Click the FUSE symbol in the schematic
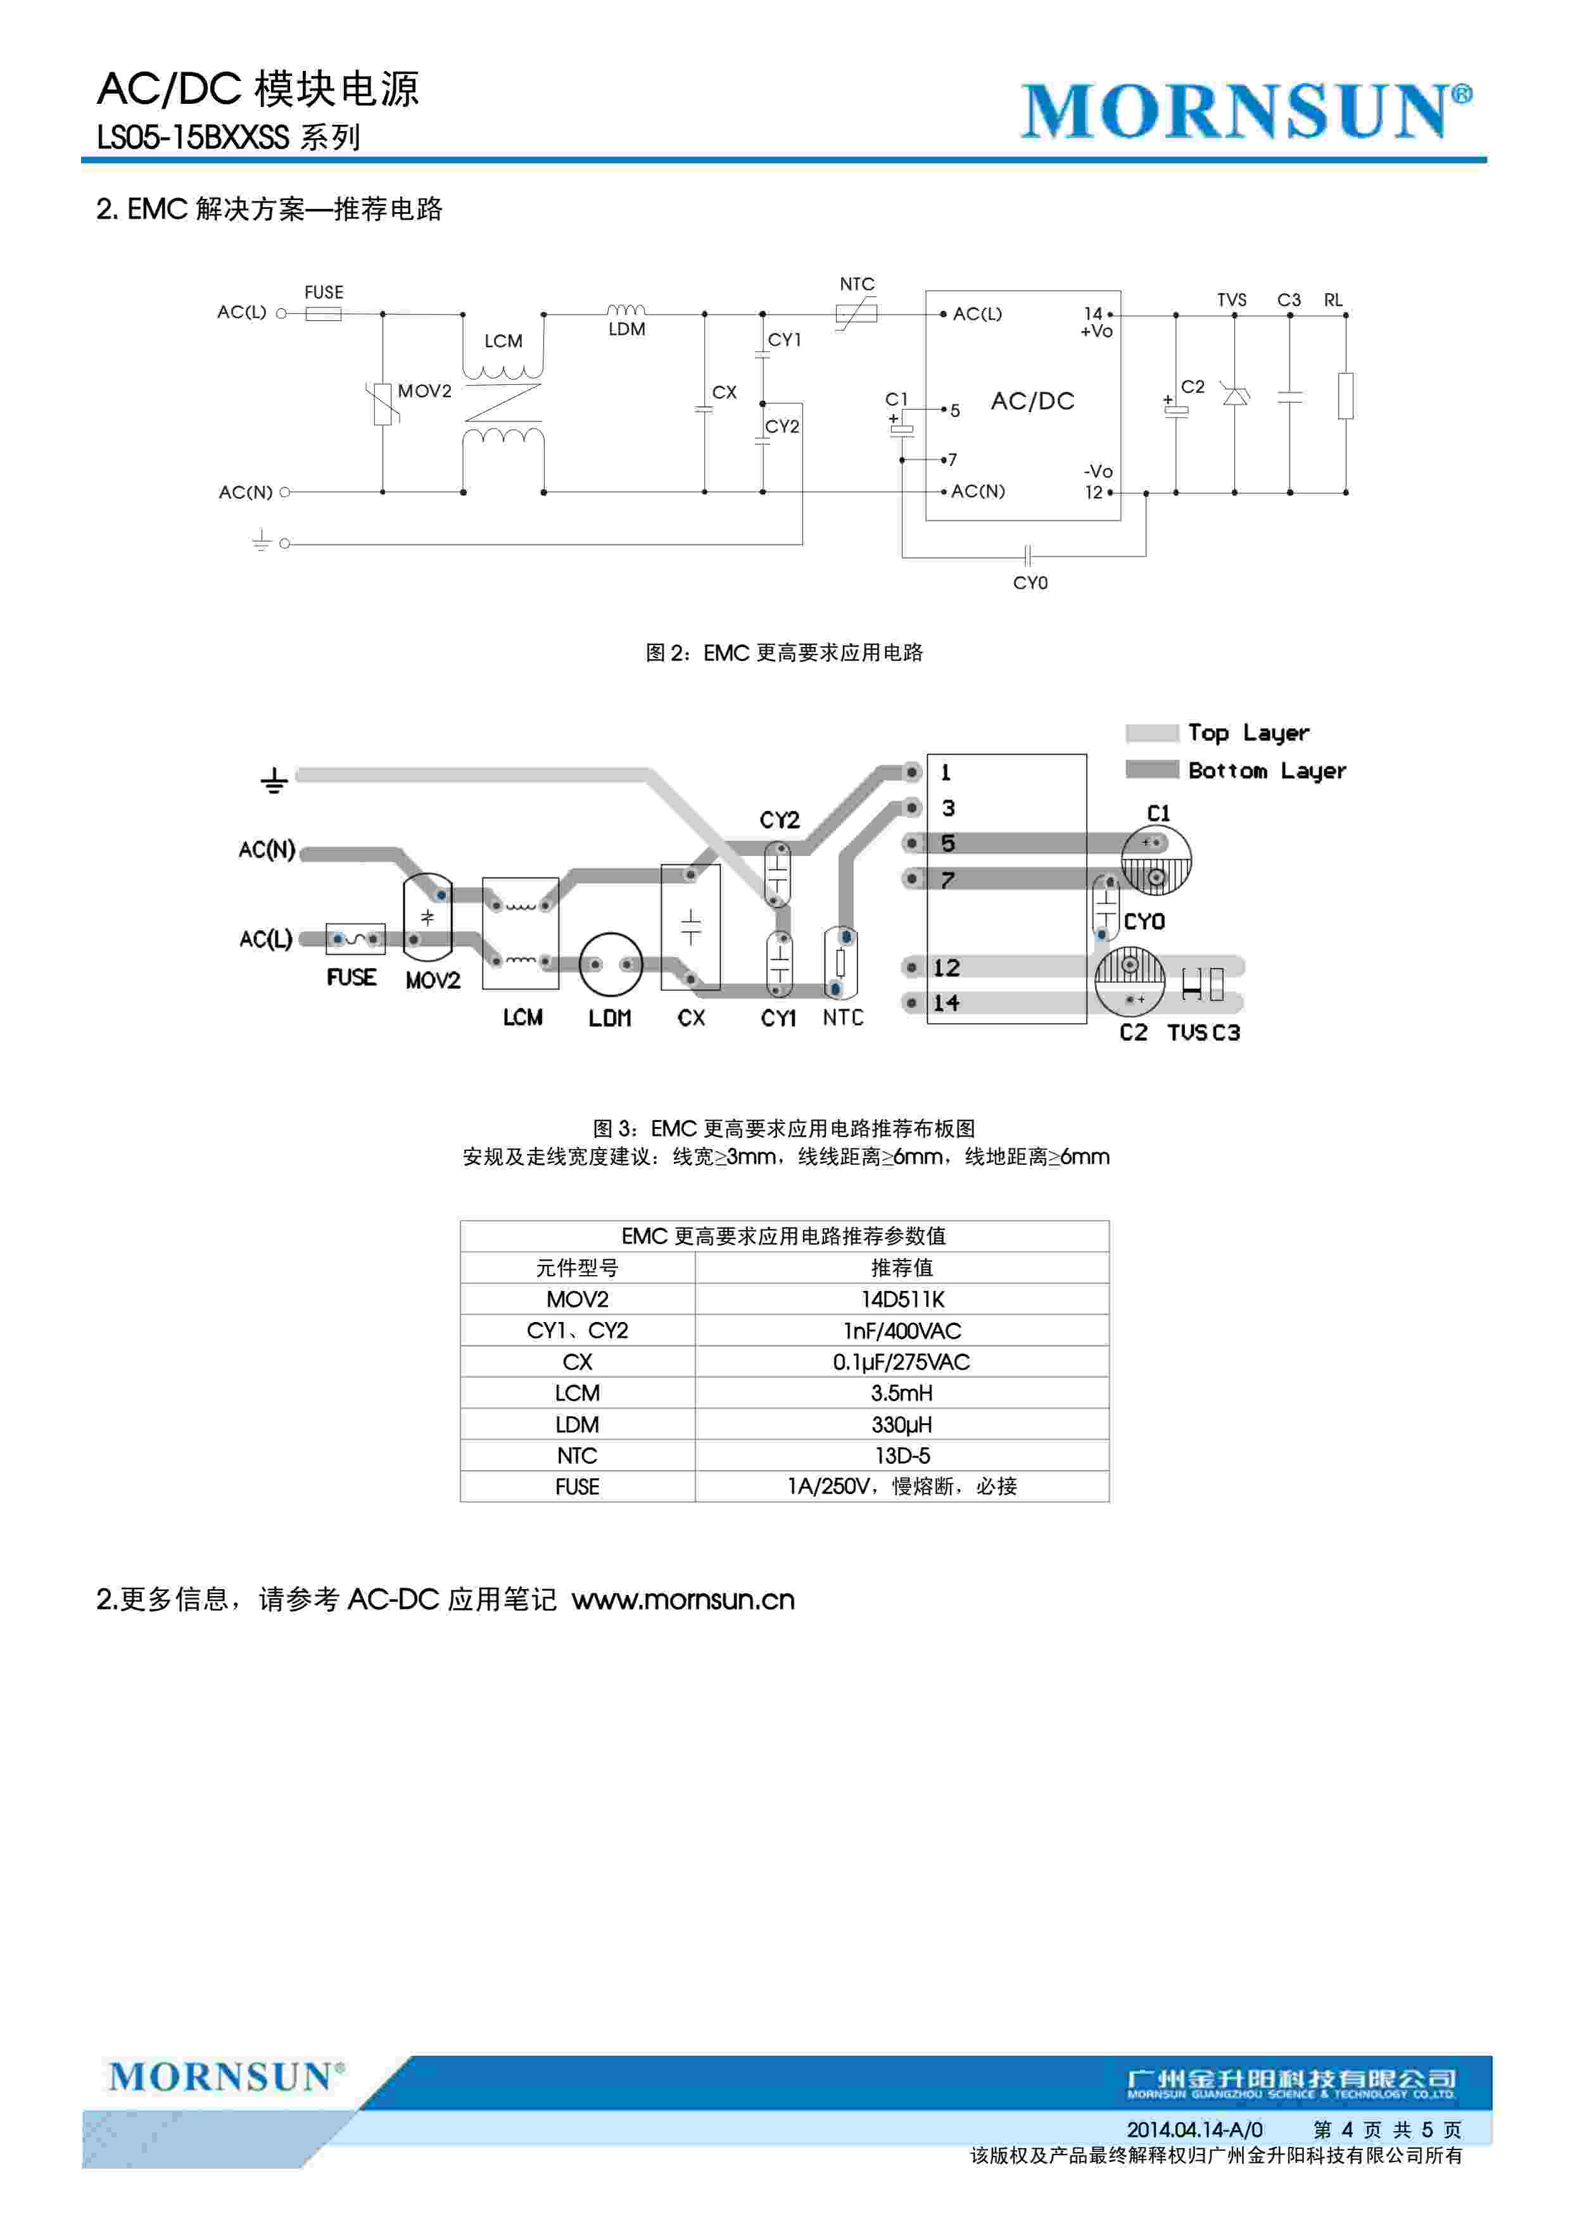tap(323, 313)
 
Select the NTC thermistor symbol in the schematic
tap(857, 313)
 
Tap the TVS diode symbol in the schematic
tap(1234, 396)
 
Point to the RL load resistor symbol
tap(1346, 396)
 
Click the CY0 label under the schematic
tap(1030, 583)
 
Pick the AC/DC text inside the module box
tap(1032, 401)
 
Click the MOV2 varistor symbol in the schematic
tap(384, 403)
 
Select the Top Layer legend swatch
tap(1152, 733)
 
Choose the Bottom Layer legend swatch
tap(1152, 770)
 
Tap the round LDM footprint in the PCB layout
tap(611, 964)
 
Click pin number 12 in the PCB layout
tap(946, 967)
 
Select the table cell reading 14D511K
tap(902, 1299)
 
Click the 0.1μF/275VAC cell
tap(902, 1362)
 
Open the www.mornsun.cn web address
tap(683, 1600)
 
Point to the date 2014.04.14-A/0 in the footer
tap(1194, 2129)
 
